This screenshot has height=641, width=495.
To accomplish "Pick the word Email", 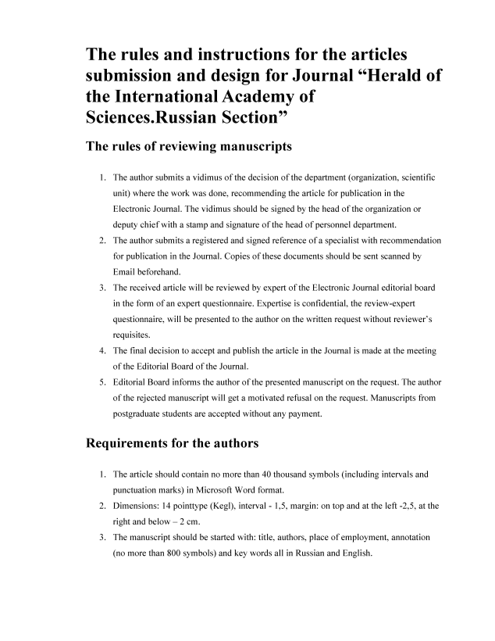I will pyautogui.click(x=127, y=271).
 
